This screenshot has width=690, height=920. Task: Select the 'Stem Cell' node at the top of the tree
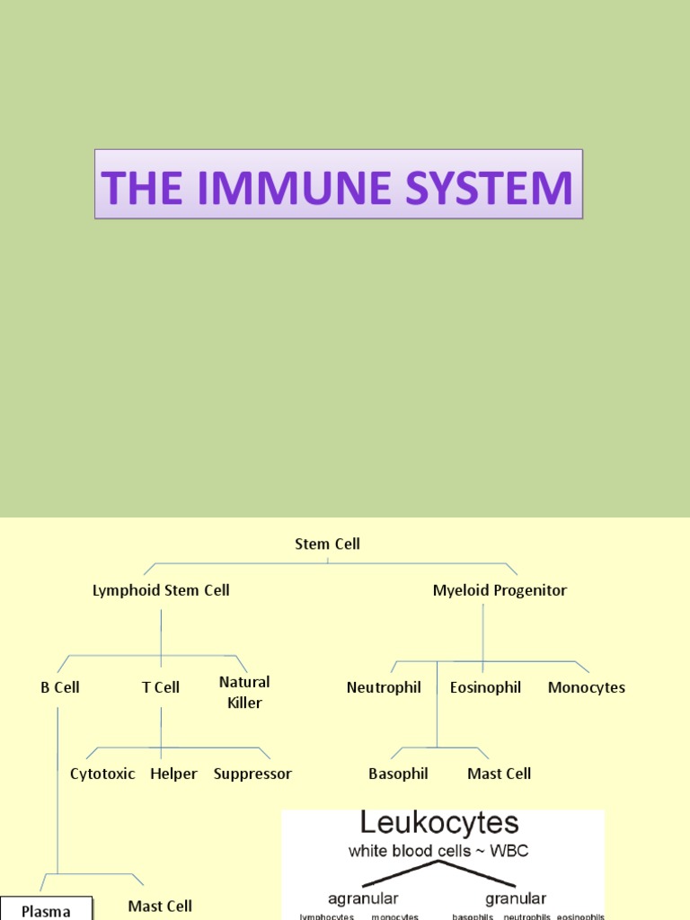(x=327, y=544)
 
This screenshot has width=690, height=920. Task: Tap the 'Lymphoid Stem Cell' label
(x=161, y=590)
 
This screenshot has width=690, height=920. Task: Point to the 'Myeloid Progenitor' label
(x=500, y=590)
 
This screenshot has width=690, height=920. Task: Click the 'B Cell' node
(x=60, y=687)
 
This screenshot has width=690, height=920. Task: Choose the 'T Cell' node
(x=161, y=687)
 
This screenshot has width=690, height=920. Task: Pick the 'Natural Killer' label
(x=244, y=692)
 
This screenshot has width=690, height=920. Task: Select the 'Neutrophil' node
(x=384, y=687)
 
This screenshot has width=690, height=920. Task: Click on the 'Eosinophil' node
(x=485, y=687)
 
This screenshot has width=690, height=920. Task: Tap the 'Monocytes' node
(x=587, y=687)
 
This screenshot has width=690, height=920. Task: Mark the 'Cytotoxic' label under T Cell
(x=102, y=774)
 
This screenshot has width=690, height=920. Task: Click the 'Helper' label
(x=173, y=774)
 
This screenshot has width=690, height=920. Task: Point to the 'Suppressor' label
(x=252, y=774)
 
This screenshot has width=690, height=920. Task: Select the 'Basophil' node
(x=398, y=774)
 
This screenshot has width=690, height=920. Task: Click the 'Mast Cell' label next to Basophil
(x=500, y=774)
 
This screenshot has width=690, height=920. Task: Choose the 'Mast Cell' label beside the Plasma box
(x=160, y=907)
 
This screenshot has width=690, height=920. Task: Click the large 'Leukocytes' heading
(x=439, y=823)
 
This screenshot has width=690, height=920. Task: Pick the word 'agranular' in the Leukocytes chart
(x=363, y=898)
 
